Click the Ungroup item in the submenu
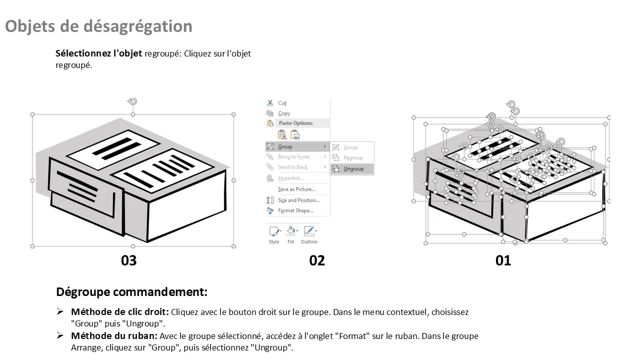point(352,169)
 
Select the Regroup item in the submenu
point(352,157)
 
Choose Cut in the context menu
point(282,103)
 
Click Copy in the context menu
point(284,113)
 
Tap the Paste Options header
point(295,123)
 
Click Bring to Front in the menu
point(293,157)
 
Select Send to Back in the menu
point(292,167)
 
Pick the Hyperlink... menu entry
point(291,178)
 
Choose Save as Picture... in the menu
point(296,189)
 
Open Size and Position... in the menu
point(299,200)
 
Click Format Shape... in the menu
point(295,210)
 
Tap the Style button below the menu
point(274,235)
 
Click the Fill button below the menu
point(291,235)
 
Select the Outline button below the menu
point(309,235)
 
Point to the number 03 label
point(129,260)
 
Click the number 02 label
point(317,260)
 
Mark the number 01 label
point(503,260)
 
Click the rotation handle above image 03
point(132,101)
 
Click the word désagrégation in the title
point(137,26)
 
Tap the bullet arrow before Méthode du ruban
point(59,335)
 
